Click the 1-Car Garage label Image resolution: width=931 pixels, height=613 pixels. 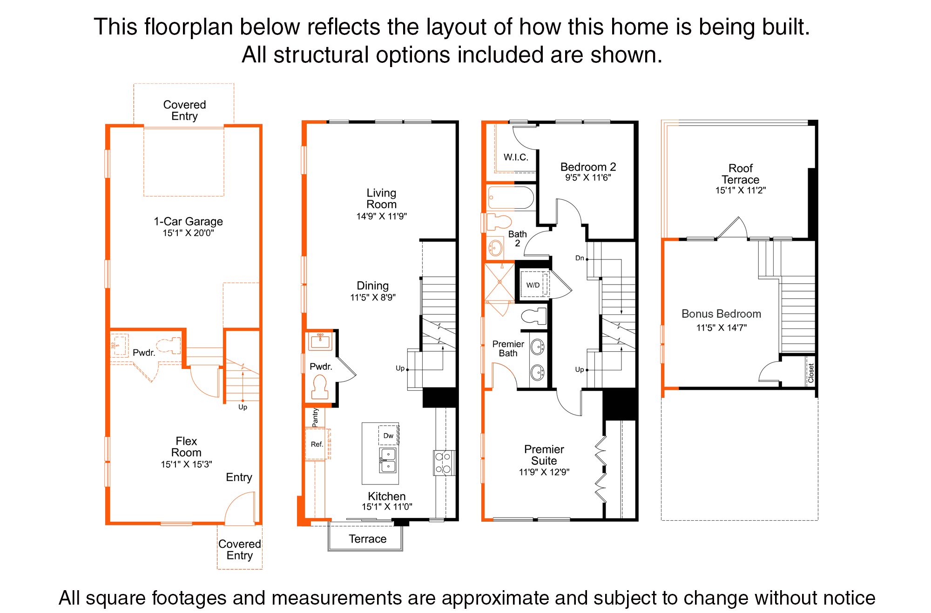pyautogui.click(x=188, y=221)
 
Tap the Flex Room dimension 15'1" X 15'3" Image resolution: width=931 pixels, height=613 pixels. pyautogui.click(x=186, y=464)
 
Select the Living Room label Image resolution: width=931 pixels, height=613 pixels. pyautogui.click(x=381, y=198)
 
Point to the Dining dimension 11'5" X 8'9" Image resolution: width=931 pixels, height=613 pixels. pyautogui.click(x=373, y=297)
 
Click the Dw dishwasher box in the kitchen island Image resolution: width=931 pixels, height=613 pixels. pyautogui.click(x=388, y=436)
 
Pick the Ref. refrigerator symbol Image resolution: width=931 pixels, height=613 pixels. pyautogui.click(x=317, y=444)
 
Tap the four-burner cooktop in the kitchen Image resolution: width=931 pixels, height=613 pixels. pyautogui.click(x=444, y=463)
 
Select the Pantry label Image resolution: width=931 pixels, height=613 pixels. pyautogui.click(x=315, y=418)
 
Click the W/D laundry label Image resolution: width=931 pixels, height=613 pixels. pyautogui.click(x=533, y=285)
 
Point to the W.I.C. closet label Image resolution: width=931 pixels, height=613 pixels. pyautogui.click(x=516, y=157)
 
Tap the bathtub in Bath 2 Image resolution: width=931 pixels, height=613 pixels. pyautogui.click(x=511, y=198)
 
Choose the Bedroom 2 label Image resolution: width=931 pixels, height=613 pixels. pyautogui.click(x=588, y=167)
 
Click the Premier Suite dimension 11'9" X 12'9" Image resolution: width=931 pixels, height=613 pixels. pyautogui.click(x=544, y=472)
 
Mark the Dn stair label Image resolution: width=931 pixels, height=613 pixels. pyautogui.click(x=580, y=258)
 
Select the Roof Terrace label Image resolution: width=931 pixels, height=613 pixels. pyautogui.click(x=740, y=174)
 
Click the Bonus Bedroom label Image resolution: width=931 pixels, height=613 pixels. pyautogui.click(x=721, y=314)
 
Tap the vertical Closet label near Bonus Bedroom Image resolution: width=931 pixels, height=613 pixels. pyautogui.click(x=811, y=373)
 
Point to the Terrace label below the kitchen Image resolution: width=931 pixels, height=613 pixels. pyautogui.click(x=368, y=539)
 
